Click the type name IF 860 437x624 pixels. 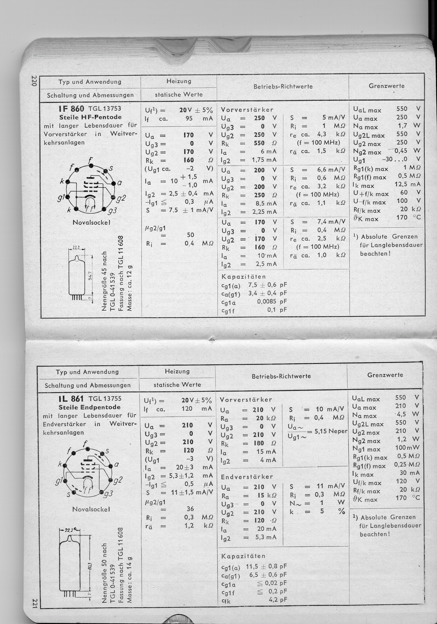tap(71, 109)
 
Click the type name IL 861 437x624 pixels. tap(71, 399)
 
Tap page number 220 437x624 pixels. tap(34, 81)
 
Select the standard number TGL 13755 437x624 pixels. tap(105, 399)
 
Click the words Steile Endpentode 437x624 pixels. tap(89, 407)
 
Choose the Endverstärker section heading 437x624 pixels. tap(247, 477)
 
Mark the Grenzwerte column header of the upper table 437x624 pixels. tap(386, 86)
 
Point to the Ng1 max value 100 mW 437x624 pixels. tap(407, 447)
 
